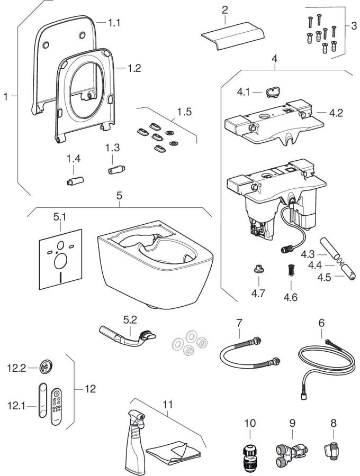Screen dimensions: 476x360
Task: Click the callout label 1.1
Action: point(114,23)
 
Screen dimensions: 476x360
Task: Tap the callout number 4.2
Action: point(336,113)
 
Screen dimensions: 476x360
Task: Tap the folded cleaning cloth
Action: point(173,452)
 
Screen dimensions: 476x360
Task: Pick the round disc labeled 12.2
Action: point(47,366)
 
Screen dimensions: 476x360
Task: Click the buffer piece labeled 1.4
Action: point(74,180)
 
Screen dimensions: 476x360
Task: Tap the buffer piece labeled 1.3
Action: point(115,171)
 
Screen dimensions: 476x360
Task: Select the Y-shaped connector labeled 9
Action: point(291,452)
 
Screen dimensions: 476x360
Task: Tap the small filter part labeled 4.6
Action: point(290,270)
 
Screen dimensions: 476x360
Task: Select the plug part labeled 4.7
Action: point(259,270)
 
